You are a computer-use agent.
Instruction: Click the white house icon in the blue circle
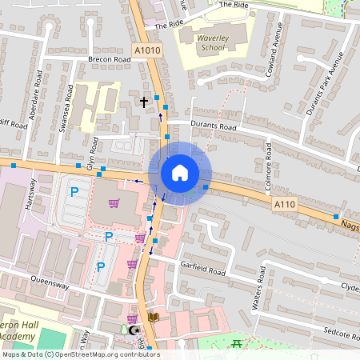click(x=180, y=173)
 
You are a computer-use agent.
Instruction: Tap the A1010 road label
click(x=146, y=50)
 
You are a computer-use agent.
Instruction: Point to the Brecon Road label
click(x=110, y=59)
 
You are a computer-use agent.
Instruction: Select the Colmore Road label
click(x=270, y=168)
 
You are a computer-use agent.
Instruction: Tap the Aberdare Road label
click(x=36, y=95)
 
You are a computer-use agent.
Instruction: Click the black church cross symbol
click(x=144, y=102)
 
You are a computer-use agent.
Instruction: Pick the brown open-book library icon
click(x=154, y=318)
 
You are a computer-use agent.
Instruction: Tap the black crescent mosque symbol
click(x=134, y=330)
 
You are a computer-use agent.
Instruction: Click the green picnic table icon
click(x=237, y=344)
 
